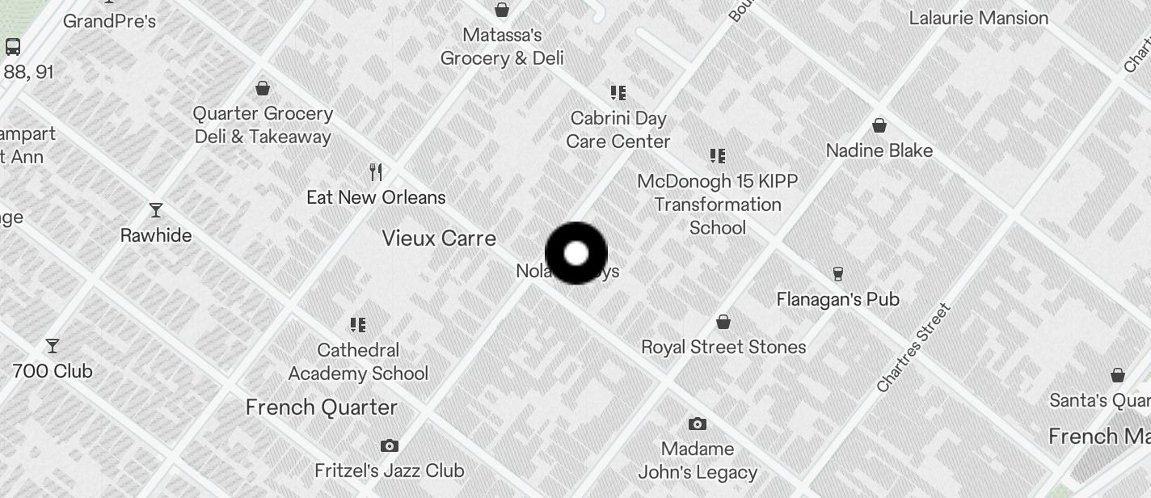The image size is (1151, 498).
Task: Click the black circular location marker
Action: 575,253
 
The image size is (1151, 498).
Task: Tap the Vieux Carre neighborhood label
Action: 439,238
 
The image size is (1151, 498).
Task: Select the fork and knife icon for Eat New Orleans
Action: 375,172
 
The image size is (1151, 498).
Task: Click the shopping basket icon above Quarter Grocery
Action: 262,88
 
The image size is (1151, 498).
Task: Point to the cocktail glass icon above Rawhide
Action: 156,210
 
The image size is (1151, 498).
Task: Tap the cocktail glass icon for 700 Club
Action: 53,346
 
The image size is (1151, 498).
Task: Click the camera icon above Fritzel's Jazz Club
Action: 389,445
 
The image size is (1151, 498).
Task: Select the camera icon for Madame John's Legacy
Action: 697,424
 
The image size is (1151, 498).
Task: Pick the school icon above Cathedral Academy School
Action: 357,325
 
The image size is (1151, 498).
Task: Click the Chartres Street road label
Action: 914,348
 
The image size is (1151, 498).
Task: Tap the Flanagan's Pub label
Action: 837,299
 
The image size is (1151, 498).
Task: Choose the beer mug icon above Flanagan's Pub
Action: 837,274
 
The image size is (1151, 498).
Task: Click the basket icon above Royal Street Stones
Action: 723,322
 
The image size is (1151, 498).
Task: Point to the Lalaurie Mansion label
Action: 978,18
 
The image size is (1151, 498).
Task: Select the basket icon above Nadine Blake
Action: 879,125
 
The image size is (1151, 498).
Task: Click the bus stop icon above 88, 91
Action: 13,46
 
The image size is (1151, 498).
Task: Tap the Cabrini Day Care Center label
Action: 618,130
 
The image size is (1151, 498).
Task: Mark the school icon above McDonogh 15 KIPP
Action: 717,155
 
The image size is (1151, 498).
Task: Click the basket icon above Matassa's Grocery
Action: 501,10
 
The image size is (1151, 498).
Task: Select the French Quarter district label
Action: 322,407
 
